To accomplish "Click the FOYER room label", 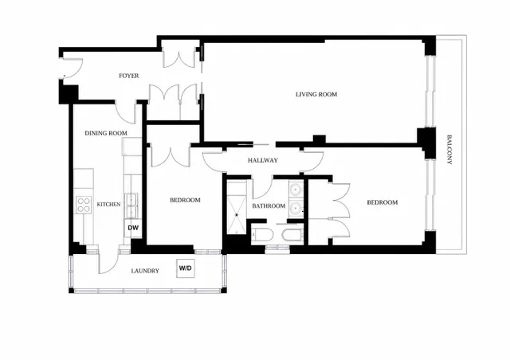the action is pos(129,76).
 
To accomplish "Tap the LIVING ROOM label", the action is pos(316,94).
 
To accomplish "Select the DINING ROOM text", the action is pos(106,133).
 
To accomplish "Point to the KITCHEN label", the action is pos(108,204).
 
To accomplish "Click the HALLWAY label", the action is pos(263,160).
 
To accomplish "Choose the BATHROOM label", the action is pos(269,205).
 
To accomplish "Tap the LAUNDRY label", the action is pos(145,271).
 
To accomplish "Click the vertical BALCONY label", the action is pos(449,150).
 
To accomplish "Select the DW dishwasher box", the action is pos(133,228).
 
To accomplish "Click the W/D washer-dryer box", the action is pos(186,268).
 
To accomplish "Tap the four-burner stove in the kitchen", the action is pos(84,205).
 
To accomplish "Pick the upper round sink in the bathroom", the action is pos(296,189).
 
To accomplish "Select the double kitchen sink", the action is pos(131,205).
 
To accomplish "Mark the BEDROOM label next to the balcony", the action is pos(382,202).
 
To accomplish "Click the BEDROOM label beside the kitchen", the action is pos(185,200).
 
